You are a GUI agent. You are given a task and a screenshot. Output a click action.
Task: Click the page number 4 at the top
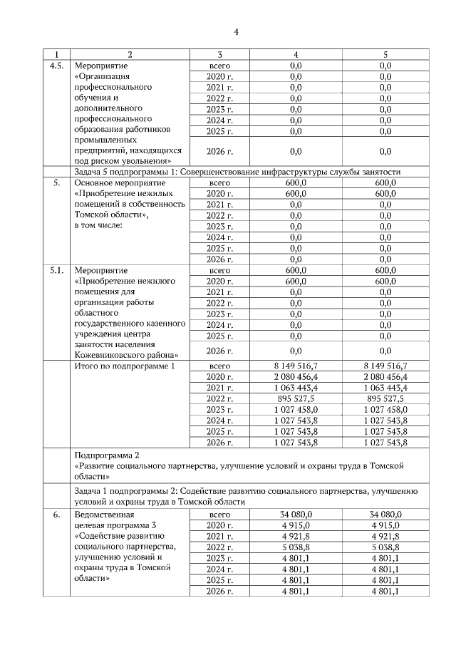point(237,31)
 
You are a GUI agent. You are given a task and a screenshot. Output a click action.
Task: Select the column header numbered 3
point(220,54)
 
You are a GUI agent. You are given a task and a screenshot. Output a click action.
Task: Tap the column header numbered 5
point(385,54)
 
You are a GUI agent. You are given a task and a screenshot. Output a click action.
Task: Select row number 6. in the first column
point(55,514)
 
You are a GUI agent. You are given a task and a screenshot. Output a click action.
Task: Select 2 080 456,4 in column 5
point(385,376)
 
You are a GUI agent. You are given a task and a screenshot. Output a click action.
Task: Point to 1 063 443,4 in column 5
point(385,387)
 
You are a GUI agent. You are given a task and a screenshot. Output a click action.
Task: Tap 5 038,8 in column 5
point(385,547)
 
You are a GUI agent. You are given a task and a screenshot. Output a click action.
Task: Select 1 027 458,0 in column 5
point(385,410)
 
